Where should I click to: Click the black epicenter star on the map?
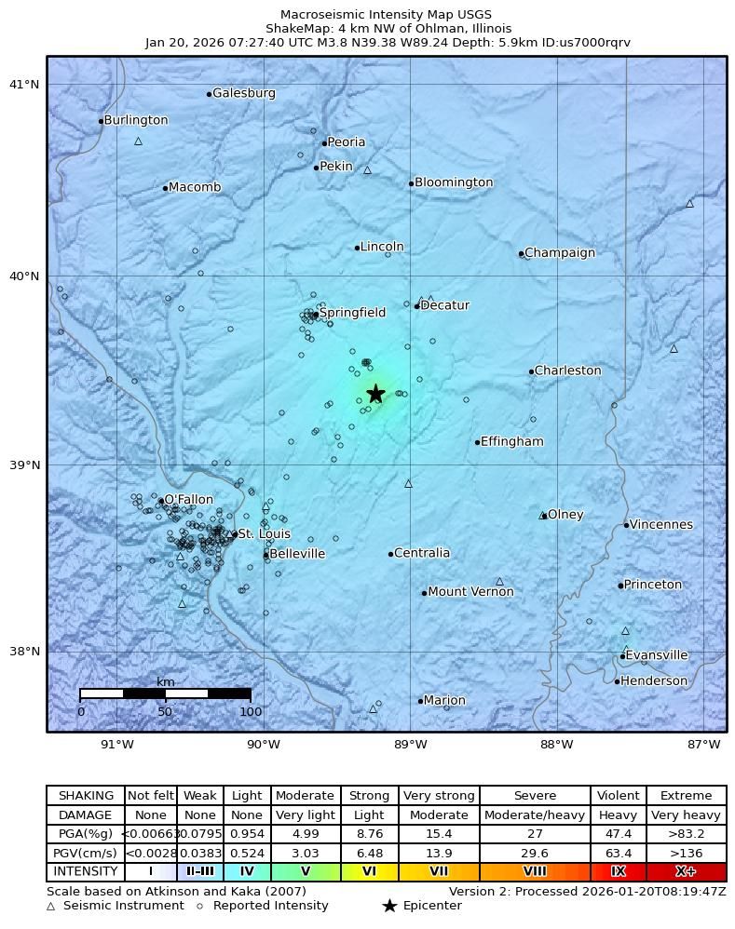[x=375, y=394]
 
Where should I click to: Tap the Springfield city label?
[x=352, y=313]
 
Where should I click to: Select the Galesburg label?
[x=244, y=93]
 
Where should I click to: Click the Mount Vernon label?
[x=470, y=592]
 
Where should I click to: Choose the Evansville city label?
[x=657, y=655]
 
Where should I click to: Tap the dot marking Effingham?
[x=477, y=442]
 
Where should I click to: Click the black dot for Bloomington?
[x=411, y=183]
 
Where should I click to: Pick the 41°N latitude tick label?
[x=24, y=85]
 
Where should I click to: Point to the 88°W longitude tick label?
[x=556, y=744]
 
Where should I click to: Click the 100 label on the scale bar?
[x=251, y=712]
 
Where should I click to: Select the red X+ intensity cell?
[x=686, y=872]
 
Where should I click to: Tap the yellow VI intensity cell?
[x=370, y=872]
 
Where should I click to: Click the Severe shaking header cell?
[x=535, y=796]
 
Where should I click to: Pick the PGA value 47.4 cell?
[x=618, y=834]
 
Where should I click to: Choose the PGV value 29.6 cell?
[x=535, y=853]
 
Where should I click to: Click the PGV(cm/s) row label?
[x=85, y=853]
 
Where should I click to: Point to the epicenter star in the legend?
[x=389, y=906]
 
